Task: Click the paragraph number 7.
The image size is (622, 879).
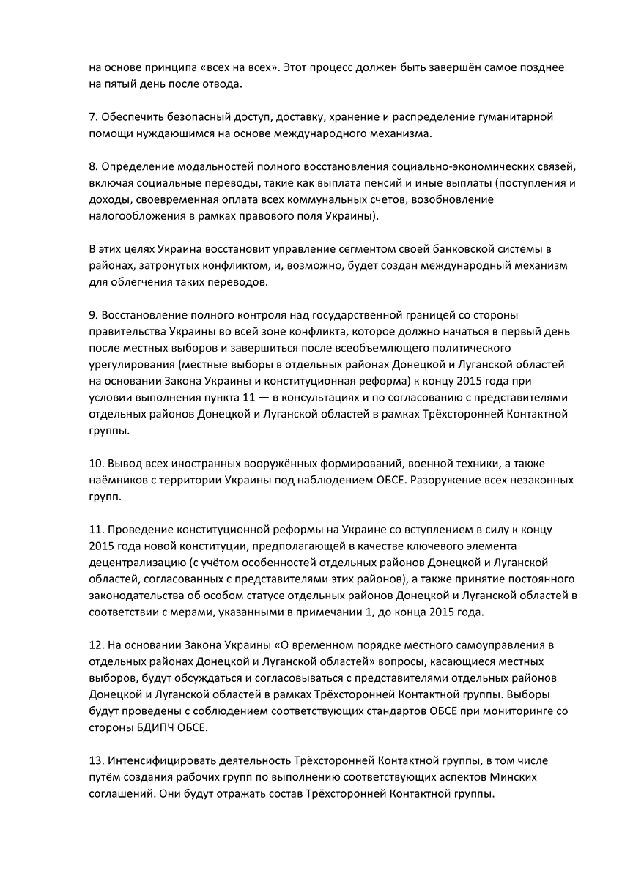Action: pyautogui.click(x=92, y=118)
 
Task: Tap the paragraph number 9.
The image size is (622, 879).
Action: pyautogui.click(x=92, y=316)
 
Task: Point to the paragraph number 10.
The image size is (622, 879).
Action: pyautogui.click(x=95, y=464)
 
